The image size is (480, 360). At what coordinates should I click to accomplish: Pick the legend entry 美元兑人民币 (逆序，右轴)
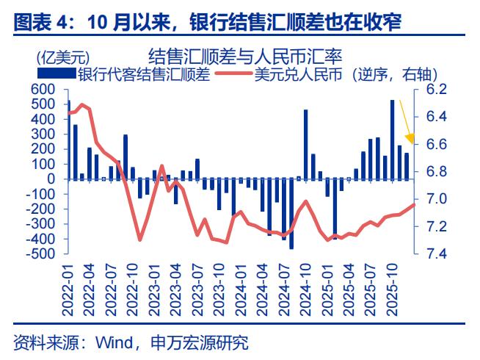click(345, 73)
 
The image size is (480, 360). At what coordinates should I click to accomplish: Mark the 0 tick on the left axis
click(51, 179)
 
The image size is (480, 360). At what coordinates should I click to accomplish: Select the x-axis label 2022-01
click(68, 290)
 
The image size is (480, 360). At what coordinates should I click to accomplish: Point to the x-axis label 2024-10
click(305, 290)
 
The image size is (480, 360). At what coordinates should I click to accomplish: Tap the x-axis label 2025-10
click(392, 290)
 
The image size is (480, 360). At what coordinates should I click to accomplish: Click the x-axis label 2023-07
click(197, 290)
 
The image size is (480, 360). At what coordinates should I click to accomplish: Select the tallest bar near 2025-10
click(392, 140)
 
